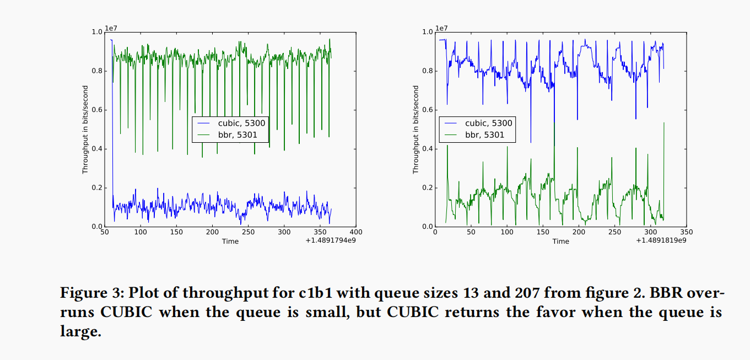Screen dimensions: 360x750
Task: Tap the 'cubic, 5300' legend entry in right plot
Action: coord(488,123)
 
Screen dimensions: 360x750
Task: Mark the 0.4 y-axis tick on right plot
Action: coord(427,149)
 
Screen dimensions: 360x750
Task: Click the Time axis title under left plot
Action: coord(230,241)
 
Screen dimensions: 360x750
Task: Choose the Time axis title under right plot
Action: coord(560,241)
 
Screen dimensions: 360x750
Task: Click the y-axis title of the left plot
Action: coord(85,130)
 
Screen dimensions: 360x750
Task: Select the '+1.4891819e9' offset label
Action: coord(662,240)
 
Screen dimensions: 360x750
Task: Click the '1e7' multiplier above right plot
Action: coord(441,28)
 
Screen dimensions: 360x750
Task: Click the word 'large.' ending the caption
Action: coord(81,332)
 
